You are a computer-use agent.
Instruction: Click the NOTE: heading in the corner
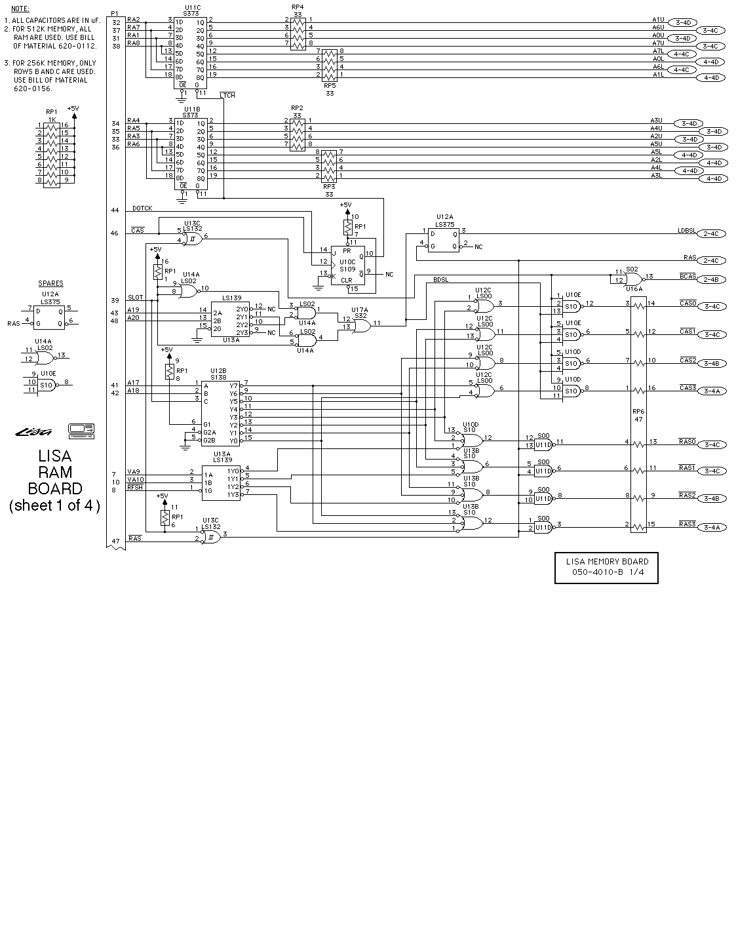pyautogui.click(x=20, y=9)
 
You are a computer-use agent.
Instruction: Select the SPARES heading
pyautogui.click(x=50, y=284)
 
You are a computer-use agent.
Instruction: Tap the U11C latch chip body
pyautogui.click(x=191, y=49)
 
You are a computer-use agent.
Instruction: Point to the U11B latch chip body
pyautogui.click(x=191, y=150)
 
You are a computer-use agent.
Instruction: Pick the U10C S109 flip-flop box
pyautogui.click(x=347, y=267)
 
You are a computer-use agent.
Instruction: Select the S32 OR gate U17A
pyautogui.click(x=359, y=323)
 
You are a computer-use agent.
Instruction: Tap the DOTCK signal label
pyautogui.click(x=142, y=208)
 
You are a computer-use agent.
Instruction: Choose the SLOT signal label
pyautogui.click(x=135, y=298)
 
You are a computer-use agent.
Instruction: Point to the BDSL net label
pyautogui.click(x=442, y=280)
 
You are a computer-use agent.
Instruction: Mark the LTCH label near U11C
pyautogui.click(x=227, y=96)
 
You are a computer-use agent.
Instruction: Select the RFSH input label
pyautogui.click(x=135, y=487)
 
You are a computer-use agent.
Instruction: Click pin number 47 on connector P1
pyautogui.click(x=115, y=541)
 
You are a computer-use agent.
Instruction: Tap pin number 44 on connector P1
pyautogui.click(x=115, y=210)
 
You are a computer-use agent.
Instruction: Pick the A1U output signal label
pyautogui.click(x=658, y=20)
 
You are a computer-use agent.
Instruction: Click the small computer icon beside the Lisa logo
pyautogui.click(x=81, y=431)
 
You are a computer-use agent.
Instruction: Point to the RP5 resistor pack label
pyautogui.click(x=330, y=85)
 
